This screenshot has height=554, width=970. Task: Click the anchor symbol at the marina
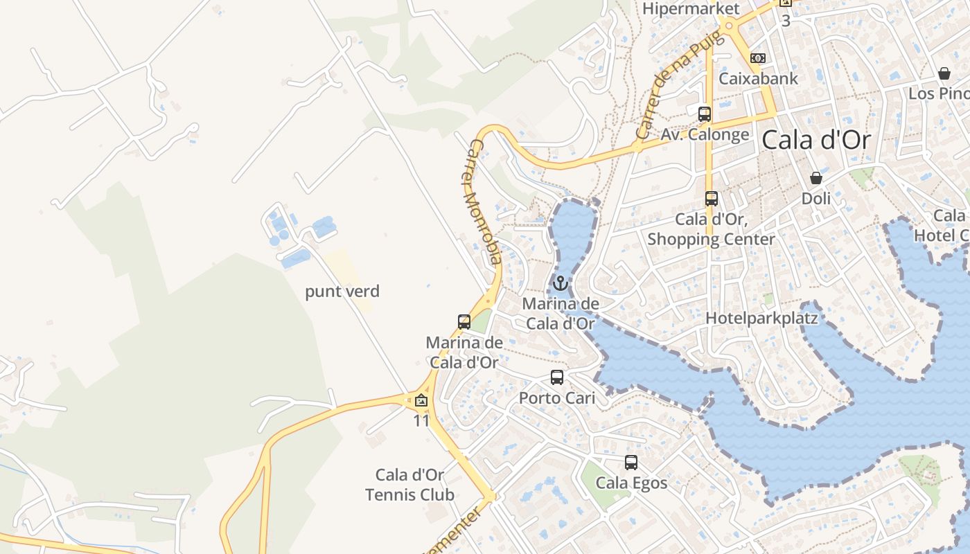(560, 283)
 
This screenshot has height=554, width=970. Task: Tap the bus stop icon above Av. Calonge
(705, 114)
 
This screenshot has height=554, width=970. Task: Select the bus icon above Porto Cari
(557, 377)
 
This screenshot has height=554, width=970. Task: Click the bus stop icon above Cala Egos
(631, 463)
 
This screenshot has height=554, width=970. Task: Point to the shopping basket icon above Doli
(816, 178)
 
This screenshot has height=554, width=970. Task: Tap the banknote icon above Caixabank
(758, 58)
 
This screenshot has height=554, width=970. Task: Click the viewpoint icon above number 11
(421, 401)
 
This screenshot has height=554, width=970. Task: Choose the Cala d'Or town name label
(816, 140)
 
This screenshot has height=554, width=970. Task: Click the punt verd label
(342, 292)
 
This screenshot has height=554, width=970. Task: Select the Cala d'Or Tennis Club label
(409, 485)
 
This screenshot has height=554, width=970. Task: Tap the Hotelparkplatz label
(761, 319)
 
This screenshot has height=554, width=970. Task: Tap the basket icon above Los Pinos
(944, 73)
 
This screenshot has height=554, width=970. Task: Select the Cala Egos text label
(632, 483)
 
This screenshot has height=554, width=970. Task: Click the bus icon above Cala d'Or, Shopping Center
(711, 199)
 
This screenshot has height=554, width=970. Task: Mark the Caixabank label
(758, 78)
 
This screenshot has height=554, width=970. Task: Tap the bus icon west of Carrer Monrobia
(464, 322)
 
